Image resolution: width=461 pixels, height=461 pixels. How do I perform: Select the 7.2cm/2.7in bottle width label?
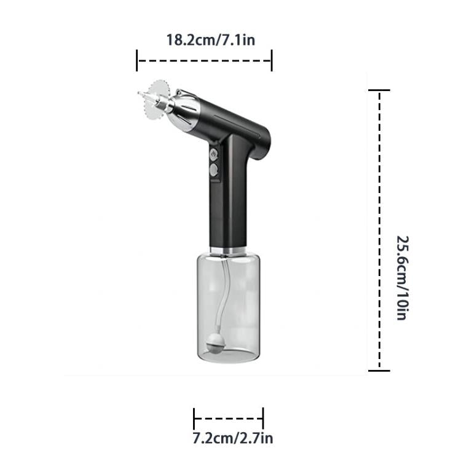click(230, 439)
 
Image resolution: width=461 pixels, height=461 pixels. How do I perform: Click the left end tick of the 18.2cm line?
click(137, 61)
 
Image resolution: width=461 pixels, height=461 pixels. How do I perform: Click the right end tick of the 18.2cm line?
click(272, 61)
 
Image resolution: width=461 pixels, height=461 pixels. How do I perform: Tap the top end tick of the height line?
click(379, 91)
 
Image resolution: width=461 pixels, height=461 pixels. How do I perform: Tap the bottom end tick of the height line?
click(379, 370)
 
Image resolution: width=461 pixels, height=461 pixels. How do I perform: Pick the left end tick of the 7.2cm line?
click(194, 419)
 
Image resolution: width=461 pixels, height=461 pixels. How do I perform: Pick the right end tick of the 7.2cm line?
click(263, 419)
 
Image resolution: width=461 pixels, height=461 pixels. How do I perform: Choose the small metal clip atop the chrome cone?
click(179, 93)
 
